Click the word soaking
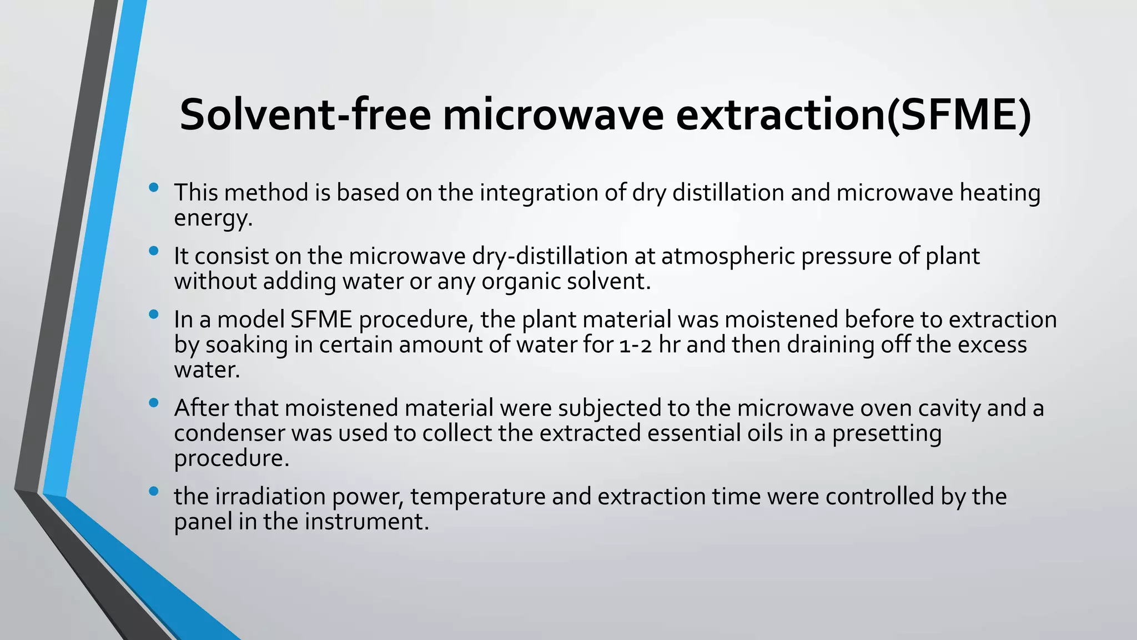coord(246,345)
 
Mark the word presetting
coord(887,433)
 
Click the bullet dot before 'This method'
coord(154,188)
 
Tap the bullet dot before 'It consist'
coord(154,251)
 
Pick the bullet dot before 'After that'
coord(154,403)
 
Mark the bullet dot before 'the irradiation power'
coord(154,492)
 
